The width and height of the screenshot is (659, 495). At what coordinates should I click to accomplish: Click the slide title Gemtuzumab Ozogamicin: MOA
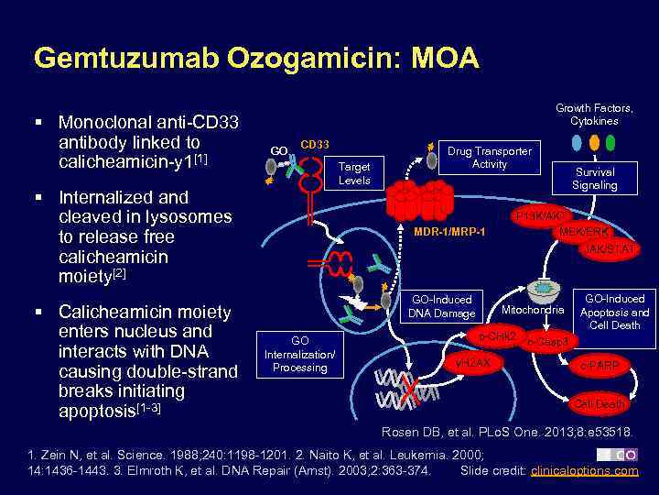255,59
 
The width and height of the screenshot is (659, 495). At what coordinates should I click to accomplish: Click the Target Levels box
354,173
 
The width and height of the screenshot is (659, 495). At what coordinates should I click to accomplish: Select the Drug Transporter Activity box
489,157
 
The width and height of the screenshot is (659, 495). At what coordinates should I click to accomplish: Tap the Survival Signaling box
594,178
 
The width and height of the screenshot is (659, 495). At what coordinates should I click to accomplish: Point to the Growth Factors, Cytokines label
594,115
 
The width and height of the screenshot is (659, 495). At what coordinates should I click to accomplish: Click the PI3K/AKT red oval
544,215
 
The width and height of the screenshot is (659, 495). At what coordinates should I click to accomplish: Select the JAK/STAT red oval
607,249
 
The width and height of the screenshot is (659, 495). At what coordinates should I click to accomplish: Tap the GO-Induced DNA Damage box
442,306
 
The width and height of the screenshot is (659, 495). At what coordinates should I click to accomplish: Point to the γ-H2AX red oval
472,363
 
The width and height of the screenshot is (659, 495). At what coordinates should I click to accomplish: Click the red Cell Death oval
599,403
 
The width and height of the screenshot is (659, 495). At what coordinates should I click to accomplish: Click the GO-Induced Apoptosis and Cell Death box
614,312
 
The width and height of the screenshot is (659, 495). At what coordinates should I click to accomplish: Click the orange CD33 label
315,144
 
